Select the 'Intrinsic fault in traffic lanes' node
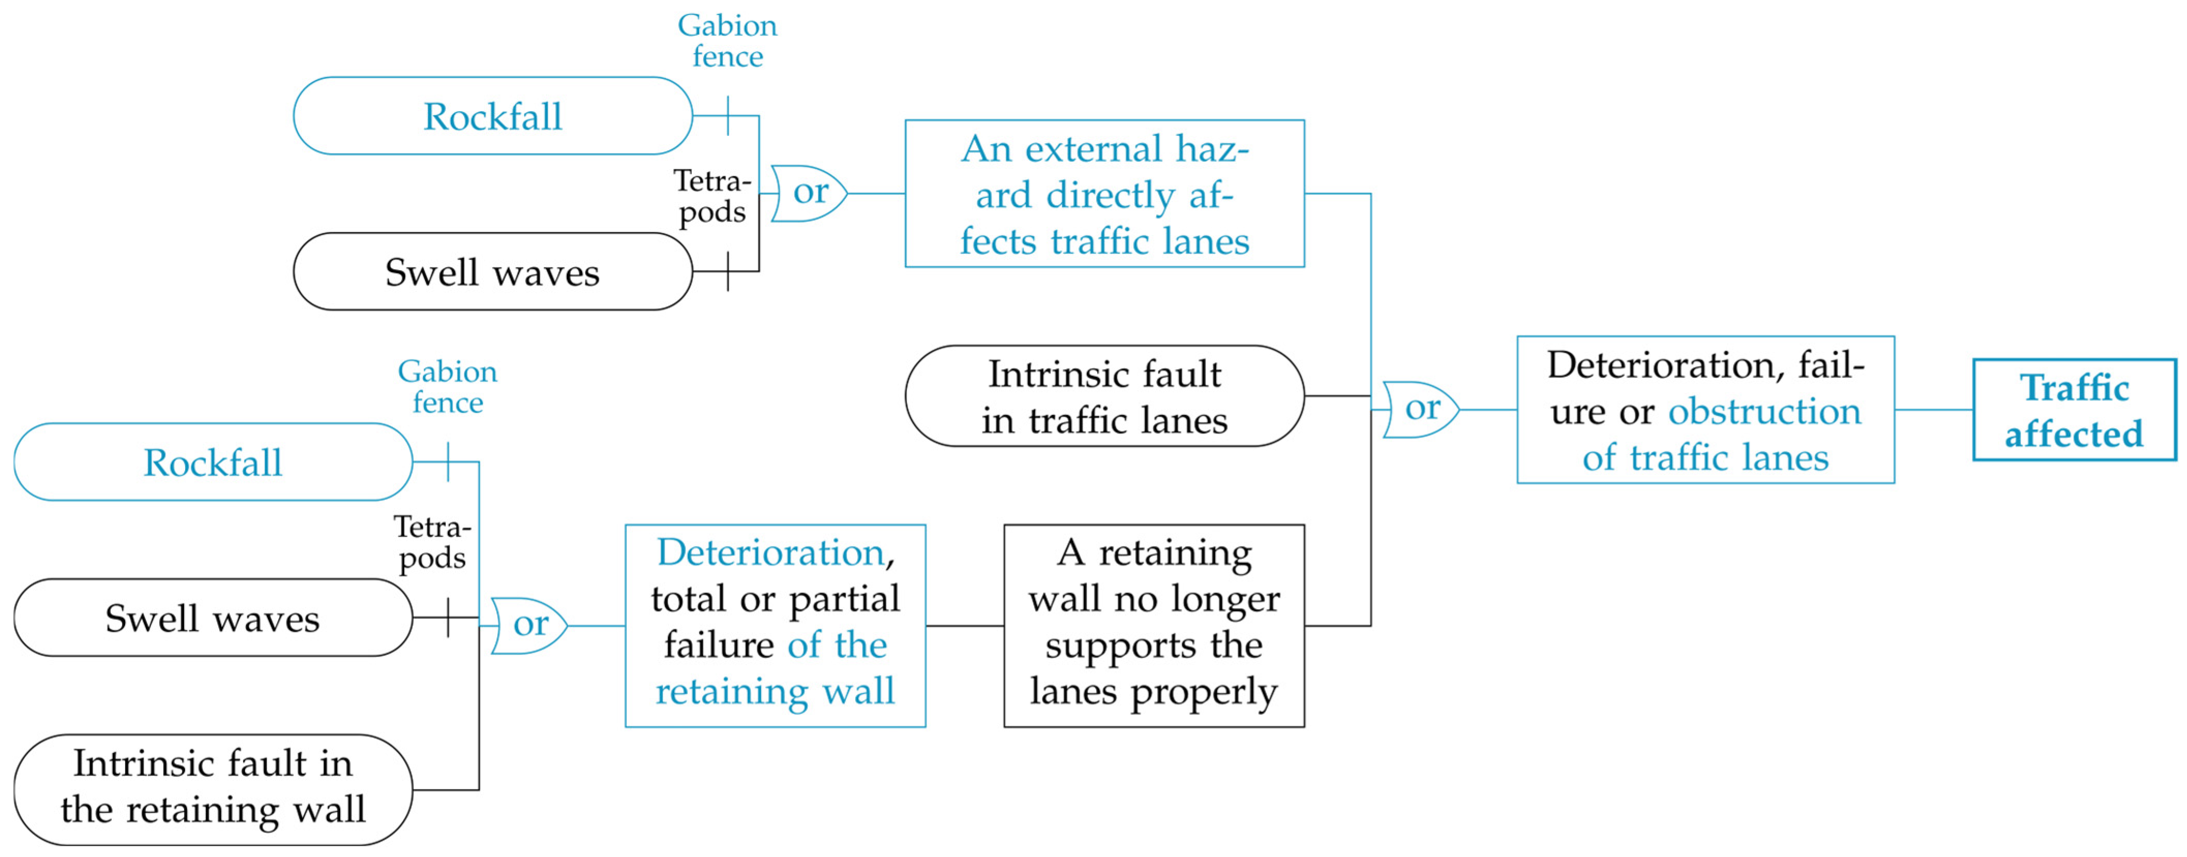pyautogui.click(x=1104, y=396)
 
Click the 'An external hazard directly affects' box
pyautogui.click(x=1104, y=194)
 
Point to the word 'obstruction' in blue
pyautogui.click(x=1764, y=412)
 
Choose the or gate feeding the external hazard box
pyautogui.click(x=808, y=194)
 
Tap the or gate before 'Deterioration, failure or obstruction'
pyautogui.click(x=1420, y=409)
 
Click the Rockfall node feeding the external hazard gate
pyautogui.click(x=492, y=116)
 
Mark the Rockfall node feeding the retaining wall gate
pyautogui.click(x=212, y=462)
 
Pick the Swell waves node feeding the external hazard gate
pyautogui.click(x=492, y=272)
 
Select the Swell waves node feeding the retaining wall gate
pyautogui.click(x=212, y=618)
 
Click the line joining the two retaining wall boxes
pyautogui.click(x=964, y=626)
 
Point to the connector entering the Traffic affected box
pyautogui.click(x=1933, y=410)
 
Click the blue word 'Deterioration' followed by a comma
pyautogui.click(x=770, y=552)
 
